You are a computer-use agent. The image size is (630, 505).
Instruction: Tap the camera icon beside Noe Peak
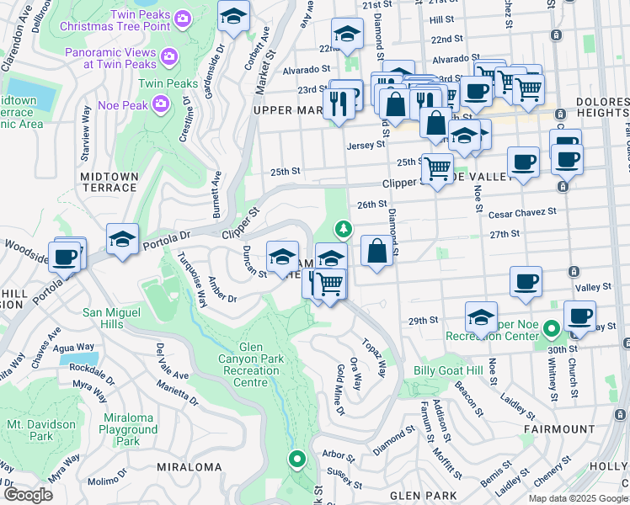[162, 103]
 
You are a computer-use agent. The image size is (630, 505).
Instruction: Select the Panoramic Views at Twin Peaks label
[111, 57]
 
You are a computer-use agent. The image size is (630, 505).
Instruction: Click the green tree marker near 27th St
[343, 228]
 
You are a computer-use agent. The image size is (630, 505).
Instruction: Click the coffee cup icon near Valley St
[526, 282]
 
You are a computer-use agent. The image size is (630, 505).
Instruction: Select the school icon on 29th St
[481, 317]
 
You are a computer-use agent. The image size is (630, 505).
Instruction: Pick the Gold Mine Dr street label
[339, 389]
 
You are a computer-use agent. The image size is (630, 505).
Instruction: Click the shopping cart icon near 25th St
[436, 169]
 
